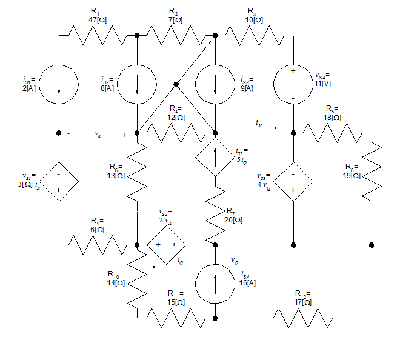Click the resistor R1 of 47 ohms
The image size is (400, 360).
coord(98,36)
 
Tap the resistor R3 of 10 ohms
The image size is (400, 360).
coord(255,36)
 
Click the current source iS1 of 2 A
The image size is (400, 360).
coord(59,84)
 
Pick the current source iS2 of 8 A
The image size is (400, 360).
coord(137,84)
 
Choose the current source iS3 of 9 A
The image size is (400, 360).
coord(215,84)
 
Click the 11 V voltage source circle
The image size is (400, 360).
coord(293,84)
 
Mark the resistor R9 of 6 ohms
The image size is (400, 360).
coord(98,245)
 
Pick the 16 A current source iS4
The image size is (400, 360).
coord(215,281)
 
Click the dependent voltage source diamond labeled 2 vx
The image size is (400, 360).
coord(165,245)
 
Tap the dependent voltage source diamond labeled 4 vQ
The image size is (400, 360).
coord(293,181)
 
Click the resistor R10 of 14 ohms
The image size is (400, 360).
coord(137,280)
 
